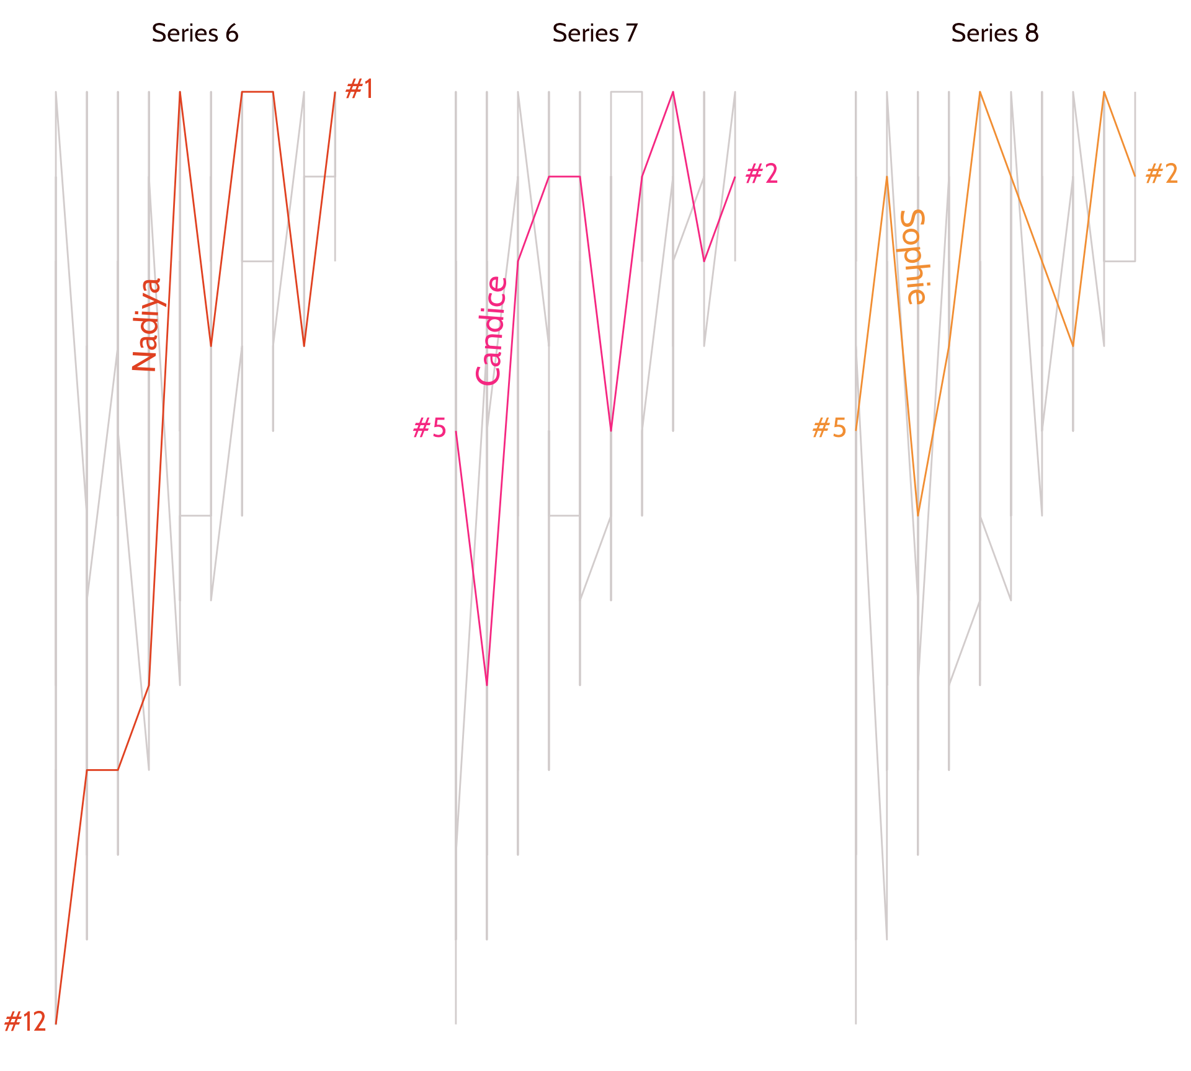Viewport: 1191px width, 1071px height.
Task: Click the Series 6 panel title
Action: point(195,33)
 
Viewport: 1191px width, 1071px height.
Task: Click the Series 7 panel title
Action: point(595,33)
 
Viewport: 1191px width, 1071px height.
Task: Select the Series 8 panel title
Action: point(994,33)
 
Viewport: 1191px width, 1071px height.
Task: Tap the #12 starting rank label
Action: point(25,1022)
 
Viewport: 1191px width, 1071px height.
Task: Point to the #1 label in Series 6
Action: point(359,90)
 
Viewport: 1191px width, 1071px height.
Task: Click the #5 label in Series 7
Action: point(429,428)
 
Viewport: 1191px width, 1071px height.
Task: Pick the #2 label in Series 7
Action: point(761,175)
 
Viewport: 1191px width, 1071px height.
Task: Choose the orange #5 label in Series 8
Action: point(829,428)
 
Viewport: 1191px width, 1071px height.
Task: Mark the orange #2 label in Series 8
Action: point(1161,175)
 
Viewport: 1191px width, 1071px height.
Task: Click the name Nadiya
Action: point(147,325)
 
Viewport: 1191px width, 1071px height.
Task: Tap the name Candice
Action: point(491,331)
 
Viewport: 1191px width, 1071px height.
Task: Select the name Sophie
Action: point(912,257)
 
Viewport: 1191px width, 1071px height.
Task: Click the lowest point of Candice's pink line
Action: point(487,684)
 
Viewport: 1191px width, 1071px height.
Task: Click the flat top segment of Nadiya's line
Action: point(257,92)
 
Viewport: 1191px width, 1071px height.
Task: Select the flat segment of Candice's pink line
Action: point(564,177)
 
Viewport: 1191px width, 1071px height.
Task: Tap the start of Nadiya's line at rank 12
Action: point(56,1023)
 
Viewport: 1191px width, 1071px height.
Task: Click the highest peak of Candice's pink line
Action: point(673,92)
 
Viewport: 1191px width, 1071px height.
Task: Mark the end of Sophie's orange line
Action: point(1135,176)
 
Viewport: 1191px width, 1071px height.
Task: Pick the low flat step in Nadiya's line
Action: point(102,770)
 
